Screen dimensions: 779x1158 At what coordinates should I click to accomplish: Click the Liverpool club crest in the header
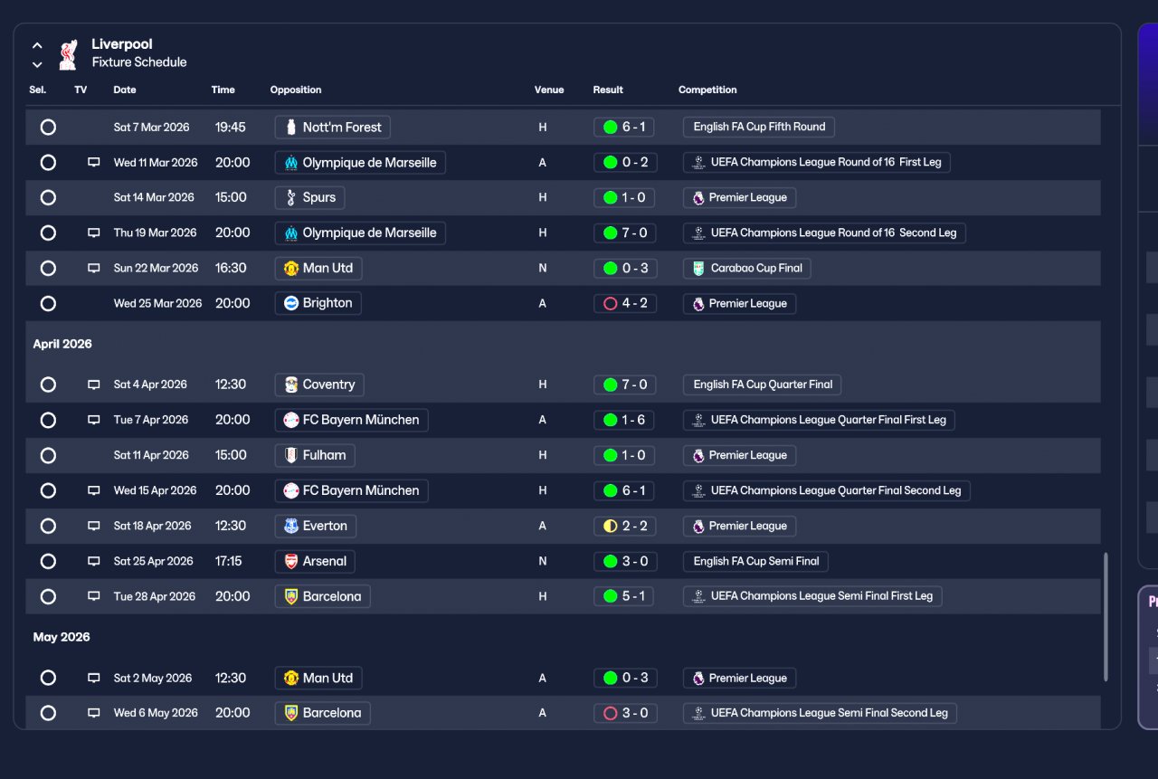[x=68, y=54]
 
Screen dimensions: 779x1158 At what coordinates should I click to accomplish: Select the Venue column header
[x=548, y=90]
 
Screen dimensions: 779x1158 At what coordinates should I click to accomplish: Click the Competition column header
[x=707, y=90]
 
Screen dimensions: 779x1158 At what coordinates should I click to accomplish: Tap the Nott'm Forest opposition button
[x=332, y=128]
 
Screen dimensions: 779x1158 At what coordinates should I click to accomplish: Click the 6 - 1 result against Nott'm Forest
[x=624, y=128]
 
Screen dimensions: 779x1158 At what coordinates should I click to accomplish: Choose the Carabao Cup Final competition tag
[x=746, y=269]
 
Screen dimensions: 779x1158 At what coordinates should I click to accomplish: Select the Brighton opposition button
[x=318, y=304]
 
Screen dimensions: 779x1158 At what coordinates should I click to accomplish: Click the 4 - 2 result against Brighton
[x=624, y=304]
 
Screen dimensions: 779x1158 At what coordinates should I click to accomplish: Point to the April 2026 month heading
[x=62, y=344]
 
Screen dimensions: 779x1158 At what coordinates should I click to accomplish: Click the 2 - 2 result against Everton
[x=624, y=527]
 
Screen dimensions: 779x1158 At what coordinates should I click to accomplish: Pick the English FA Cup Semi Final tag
[x=755, y=562]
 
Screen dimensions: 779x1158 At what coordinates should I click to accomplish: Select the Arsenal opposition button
[x=315, y=562]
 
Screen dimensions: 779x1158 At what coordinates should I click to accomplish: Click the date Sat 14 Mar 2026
[x=154, y=198]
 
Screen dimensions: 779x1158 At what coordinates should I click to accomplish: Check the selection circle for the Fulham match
[x=48, y=456]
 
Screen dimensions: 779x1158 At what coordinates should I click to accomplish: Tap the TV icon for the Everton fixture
[x=93, y=527]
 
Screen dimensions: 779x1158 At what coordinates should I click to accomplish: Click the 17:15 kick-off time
[x=228, y=562]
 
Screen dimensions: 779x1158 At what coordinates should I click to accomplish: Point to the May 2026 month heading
[x=62, y=637]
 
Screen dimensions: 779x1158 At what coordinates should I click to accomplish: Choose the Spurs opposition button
[x=309, y=198]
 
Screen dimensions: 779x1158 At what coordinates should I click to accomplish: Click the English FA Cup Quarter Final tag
[x=762, y=385]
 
